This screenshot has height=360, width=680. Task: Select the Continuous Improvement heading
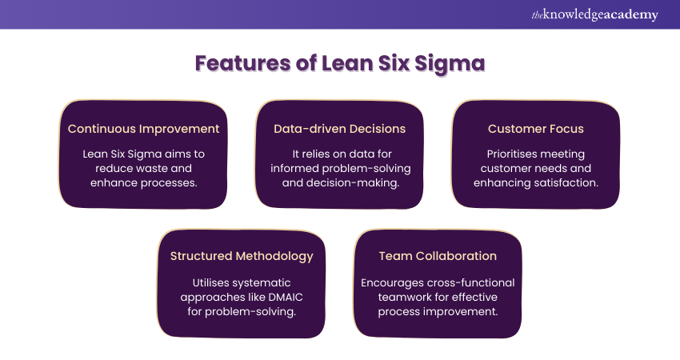(143, 129)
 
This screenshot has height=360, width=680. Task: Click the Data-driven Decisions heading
(339, 129)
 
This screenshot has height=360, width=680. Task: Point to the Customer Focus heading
(536, 129)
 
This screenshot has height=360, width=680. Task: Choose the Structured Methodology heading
(242, 256)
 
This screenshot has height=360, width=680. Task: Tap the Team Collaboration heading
(438, 256)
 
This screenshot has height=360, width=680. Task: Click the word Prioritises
(514, 154)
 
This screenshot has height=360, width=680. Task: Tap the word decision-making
(369, 183)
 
